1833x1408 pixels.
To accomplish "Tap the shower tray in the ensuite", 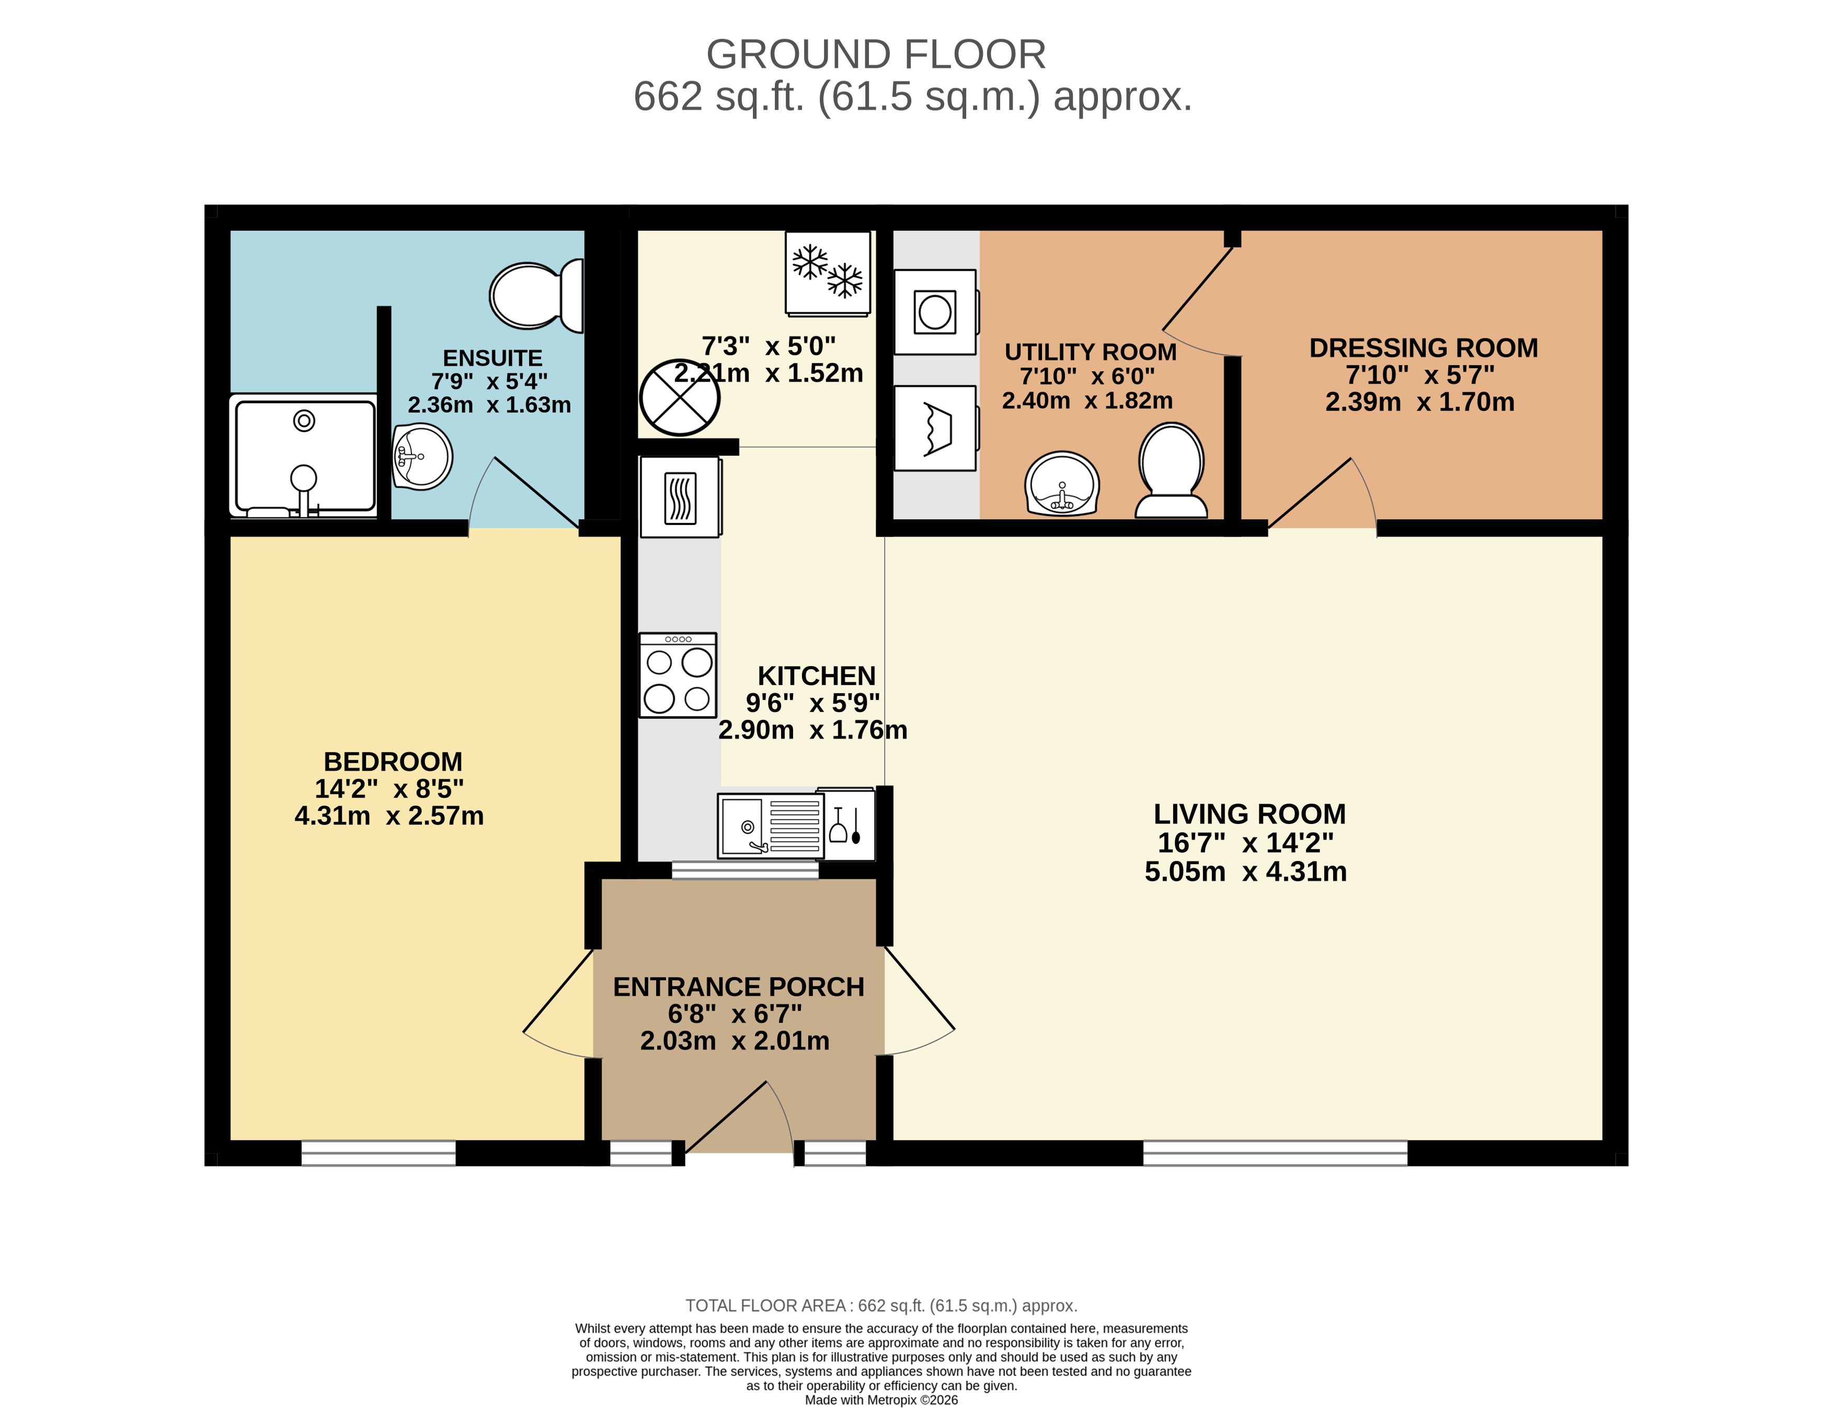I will [x=304, y=455].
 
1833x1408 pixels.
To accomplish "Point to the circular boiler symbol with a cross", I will [x=679, y=397].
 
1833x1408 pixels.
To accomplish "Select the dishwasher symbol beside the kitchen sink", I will [x=846, y=826].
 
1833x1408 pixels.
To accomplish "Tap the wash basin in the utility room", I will [x=1062, y=484].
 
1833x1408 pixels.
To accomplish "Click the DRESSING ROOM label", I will [x=1423, y=348].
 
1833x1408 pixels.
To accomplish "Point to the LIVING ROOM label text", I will [x=1249, y=814].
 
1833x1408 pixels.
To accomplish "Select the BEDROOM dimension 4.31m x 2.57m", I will [x=389, y=816].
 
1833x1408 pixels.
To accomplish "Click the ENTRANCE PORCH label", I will [x=738, y=987].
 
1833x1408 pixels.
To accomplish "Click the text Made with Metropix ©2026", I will [x=881, y=1400].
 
